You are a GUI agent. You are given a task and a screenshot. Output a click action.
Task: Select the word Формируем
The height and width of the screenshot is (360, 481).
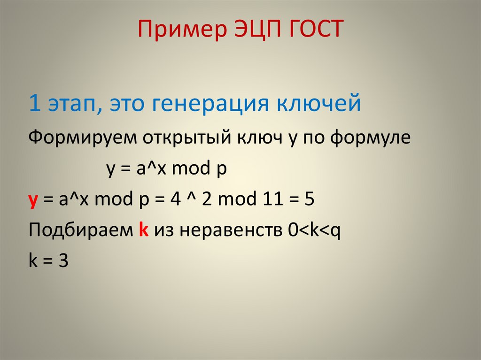(x=75, y=138)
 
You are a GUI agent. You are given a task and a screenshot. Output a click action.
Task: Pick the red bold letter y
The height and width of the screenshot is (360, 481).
(x=33, y=201)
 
